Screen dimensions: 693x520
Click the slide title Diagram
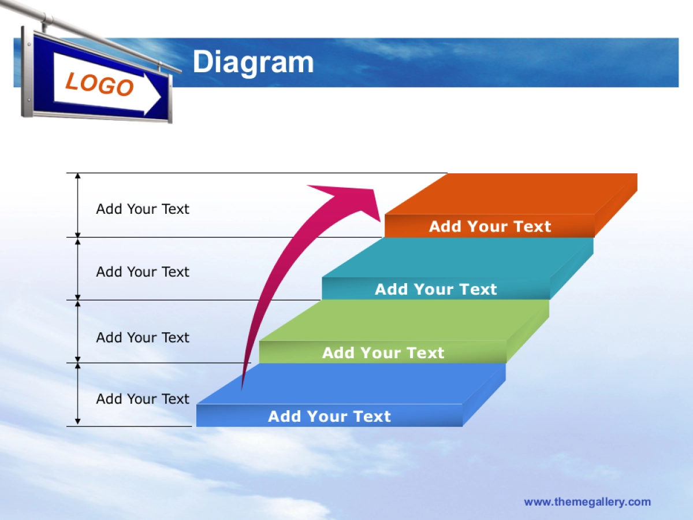coord(253,62)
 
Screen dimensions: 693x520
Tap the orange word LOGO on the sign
coord(100,84)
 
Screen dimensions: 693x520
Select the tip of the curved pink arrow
coord(380,221)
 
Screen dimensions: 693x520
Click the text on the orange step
coord(490,226)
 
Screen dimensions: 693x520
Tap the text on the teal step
coord(435,289)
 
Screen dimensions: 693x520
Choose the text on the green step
coord(383,352)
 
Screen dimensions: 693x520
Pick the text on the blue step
coord(329,416)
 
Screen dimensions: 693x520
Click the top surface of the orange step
coord(511,194)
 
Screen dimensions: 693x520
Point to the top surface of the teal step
coord(458,257)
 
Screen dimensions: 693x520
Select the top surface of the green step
coord(404,320)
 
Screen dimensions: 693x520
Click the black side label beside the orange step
coord(143,209)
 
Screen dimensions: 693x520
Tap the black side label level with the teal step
coord(143,272)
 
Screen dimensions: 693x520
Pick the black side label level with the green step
coord(143,337)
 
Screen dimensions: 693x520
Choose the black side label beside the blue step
coord(143,399)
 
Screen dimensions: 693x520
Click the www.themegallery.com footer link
coord(587,502)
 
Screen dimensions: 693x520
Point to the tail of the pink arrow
coord(242,389)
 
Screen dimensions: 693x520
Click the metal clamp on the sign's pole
coord(48,19)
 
